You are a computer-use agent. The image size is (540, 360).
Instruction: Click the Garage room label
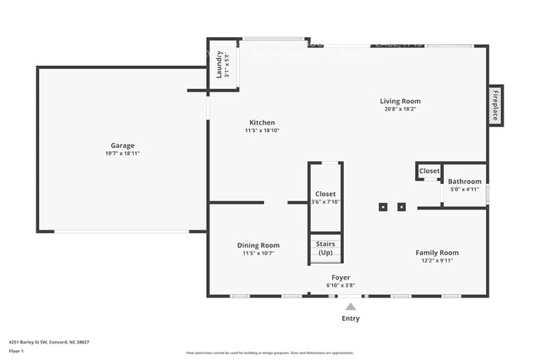(x=122, y=145)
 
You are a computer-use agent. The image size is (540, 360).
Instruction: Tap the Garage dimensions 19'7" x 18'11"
(x=122, y=154)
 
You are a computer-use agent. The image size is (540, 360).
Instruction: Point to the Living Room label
(x=400, y=101)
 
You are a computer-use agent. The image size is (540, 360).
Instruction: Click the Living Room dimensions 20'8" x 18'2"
(x=400, y=109)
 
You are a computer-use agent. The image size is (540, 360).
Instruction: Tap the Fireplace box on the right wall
(x=495, y=106)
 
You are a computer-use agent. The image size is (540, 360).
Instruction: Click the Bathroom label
(x=464, y=181)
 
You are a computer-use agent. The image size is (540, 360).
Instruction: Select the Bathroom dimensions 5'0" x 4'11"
(x=464, y=190)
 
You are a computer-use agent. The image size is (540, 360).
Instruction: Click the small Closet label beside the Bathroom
(x=429, y=170)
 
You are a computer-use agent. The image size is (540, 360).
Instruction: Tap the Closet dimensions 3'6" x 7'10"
(x=325, y=201)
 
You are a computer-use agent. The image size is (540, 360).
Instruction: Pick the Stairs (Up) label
(x=325, y=248)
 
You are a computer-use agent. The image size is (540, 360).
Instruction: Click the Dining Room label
(x=258, y=245)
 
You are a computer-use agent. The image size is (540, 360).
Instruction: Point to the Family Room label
(x=437, y=252)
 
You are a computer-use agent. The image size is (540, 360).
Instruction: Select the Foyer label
(x=341, y=277)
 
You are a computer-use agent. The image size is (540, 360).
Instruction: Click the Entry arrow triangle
(x=351, y=306)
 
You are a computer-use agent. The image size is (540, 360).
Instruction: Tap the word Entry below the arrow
(x=351, y=318)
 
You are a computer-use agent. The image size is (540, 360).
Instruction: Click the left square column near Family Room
(x=383, y=206)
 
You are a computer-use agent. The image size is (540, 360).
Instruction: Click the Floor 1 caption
(x=17, y=351)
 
